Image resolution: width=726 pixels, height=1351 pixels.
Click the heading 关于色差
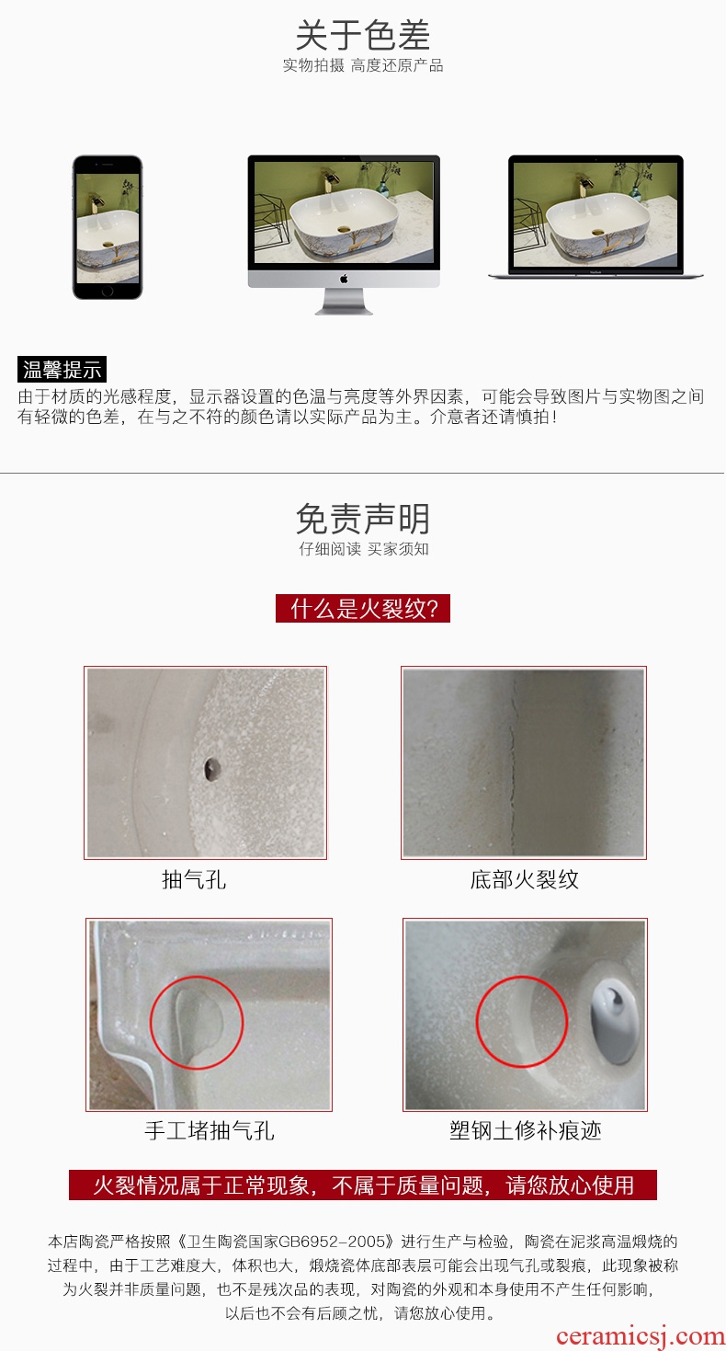coord(363,35)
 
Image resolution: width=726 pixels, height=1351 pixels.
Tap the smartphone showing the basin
coord(108,227)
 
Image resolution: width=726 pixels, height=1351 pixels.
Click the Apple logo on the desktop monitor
coord(344,279)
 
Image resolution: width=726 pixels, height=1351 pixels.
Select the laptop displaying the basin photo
coord(596,217)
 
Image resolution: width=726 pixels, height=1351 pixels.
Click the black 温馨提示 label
coord(62,369)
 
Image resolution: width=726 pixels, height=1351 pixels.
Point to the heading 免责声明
coord(363,519)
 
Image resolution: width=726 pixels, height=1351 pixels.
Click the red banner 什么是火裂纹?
coord(363,608)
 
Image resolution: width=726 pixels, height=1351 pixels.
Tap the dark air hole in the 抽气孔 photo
coord(211,769)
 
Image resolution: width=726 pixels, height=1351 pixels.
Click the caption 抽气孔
coord(194,880)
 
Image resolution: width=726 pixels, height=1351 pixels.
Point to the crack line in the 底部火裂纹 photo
coord(514,760)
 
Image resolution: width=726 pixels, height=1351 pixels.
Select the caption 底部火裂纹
coord(524,880)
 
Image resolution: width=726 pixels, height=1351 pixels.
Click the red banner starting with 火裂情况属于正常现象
coord(363,1185)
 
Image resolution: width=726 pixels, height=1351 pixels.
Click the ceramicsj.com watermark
coord(640,1336)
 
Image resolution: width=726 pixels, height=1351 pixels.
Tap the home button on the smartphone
coord(108,292)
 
